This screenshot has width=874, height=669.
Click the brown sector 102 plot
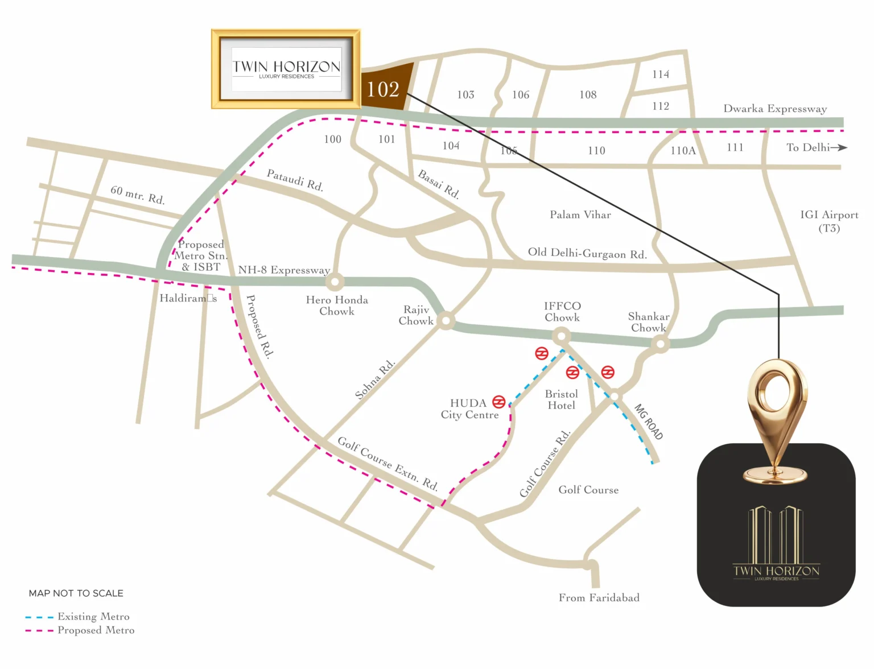tap(385, 89)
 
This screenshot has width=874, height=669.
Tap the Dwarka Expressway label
tap(775, 109)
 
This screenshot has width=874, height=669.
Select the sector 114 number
tap(661, 75)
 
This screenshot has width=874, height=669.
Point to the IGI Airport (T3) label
tap(829, 221)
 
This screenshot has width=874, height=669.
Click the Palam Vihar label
tap(580, 214)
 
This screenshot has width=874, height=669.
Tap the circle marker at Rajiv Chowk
tap(446, 321)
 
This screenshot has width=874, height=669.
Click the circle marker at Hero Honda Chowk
tap(335, 282)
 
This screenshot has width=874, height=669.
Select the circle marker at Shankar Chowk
tap(660, 344)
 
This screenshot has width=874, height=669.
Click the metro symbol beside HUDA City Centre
tap(499, 402)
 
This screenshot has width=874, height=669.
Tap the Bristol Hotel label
tap(561, 399)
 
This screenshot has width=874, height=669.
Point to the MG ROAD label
tap(649, 422)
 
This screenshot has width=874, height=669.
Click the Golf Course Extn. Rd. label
tap(387, 463)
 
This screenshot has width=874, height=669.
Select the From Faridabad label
tap(599, 597)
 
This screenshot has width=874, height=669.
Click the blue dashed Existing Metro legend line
tap(39, 617)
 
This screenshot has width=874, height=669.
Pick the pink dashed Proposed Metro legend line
tap(39, 631)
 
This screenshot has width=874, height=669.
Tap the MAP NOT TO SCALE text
tap(76, 593)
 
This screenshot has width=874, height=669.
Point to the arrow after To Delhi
tap(839, 147)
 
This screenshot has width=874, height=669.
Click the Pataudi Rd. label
tap(295, 180)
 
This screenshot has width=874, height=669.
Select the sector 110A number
tap(683, 151)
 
